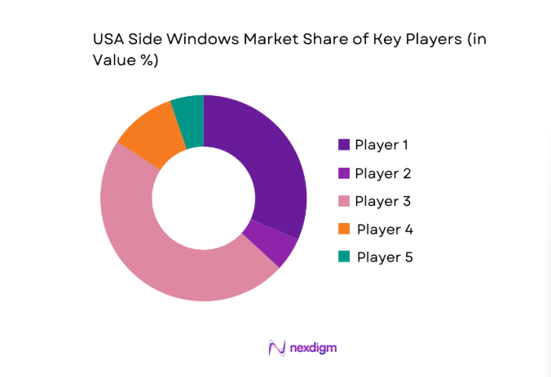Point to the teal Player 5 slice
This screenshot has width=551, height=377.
pyautogui.click(x=189, y=119)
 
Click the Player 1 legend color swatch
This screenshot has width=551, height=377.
pyautogui.click(x=344, y=145)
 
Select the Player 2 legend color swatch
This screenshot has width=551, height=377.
pyautogui.click(x=344, y=173)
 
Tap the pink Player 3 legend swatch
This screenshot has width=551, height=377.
pyautogui.click(x=344, y=201)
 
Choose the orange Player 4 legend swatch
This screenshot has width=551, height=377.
pyautogui.click(x=344, y=229)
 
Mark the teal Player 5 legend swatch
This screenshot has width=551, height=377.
pyautogui.click(x=344, y=256)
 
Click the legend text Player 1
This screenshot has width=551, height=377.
pyautogui.click(x=382, y=145)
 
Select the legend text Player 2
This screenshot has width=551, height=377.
pyautogui.click(x=382, y=173)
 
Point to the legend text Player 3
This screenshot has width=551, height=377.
pyautogui.click(x=382, y=201)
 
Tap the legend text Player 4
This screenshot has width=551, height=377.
pyautogui.click(x=384, y=229)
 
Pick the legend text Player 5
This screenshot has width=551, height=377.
pyautogui.click(x=384, y=256)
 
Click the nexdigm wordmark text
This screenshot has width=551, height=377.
pyautogui.click(x=313, y=348)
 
